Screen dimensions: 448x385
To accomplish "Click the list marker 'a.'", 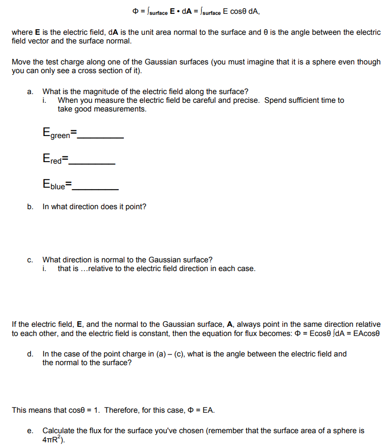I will click(x=30, y=92).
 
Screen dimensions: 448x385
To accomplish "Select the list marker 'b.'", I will click(x=30, y=207).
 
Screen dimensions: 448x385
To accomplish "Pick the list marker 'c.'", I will click(x=30, y=260).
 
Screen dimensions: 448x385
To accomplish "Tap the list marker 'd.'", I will click(x=30, y=354).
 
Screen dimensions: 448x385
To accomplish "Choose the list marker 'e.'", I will click(x=30, y=431).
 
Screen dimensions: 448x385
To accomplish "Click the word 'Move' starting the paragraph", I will click(x=21, y=62).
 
